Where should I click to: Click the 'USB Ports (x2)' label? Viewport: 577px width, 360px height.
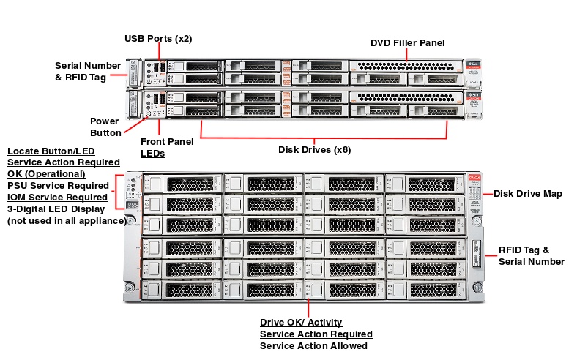click(157, 38)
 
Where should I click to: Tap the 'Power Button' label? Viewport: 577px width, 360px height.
click(105, 127)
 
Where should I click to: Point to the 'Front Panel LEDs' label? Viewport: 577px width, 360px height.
click(167, 147)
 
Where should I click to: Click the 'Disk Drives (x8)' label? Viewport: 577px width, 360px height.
click(314, 150)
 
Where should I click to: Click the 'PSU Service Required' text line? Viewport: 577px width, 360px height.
click(58, 185)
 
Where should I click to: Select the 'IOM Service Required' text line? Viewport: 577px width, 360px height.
click(58, 197)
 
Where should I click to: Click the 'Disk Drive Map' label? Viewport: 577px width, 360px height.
click(527, 193)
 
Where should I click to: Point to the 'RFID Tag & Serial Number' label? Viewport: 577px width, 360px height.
click(531, 255)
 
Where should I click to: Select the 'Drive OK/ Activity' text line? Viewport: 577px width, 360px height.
click(301, 322)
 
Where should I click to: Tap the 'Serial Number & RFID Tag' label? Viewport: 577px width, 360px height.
click(88, 71)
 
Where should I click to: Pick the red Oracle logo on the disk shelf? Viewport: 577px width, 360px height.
click(474, 176)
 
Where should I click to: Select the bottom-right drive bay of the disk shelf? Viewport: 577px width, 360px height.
click(425, 290)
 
